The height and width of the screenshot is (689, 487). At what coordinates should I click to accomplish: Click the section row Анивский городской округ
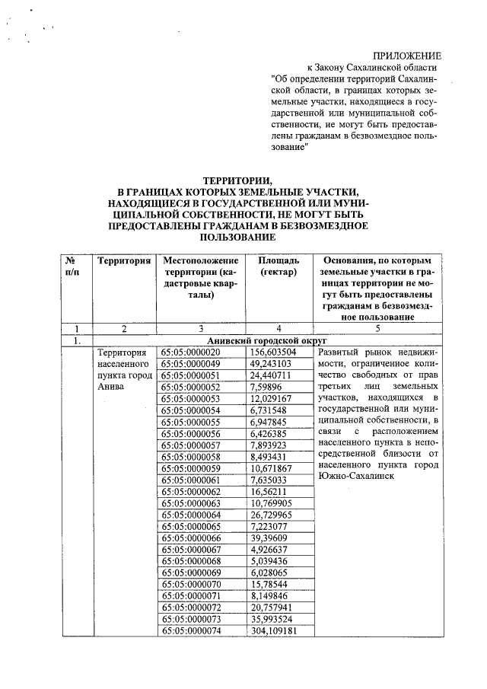tap(261, 341)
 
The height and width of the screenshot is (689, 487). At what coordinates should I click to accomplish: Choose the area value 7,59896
tap(269, 388)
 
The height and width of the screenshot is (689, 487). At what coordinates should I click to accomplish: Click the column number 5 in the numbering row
tap(377, 329)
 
